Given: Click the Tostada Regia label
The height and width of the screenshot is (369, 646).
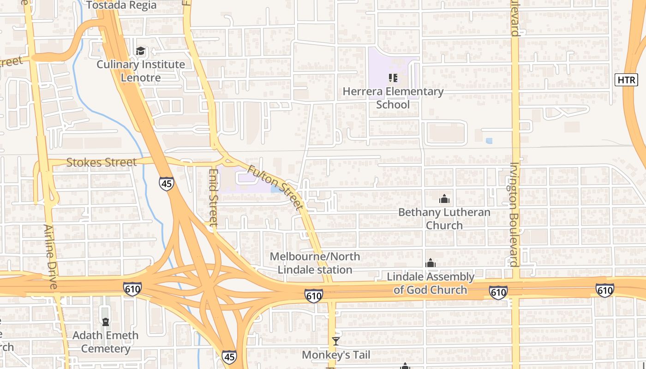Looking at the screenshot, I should (122, 5).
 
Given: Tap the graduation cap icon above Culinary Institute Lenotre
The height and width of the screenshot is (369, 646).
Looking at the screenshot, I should (140, 51).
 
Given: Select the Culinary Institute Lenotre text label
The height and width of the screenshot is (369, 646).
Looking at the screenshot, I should (141, 71).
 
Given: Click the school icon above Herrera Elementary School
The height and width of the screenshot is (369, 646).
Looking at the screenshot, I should (393, 78).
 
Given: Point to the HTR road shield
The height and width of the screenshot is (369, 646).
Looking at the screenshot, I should (626, 80).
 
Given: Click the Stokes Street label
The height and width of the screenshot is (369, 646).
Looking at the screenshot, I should (102, 162).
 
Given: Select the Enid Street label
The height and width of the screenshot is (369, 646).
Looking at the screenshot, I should (213, 197).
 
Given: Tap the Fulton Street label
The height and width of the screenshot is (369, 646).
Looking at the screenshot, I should (275, 188).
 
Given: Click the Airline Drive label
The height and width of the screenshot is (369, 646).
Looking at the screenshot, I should (50, 256).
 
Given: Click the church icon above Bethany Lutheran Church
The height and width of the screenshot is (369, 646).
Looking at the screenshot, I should (444, 199).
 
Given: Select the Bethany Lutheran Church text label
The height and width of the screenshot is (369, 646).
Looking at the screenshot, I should (444, 219).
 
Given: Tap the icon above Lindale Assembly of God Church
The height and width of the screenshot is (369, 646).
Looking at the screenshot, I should (431, 263).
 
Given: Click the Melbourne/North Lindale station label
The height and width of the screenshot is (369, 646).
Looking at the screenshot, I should (315, 263).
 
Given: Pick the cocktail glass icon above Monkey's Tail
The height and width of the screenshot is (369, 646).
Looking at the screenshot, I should (336, 341).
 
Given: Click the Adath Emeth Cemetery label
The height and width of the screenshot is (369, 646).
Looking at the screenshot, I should (105, 342).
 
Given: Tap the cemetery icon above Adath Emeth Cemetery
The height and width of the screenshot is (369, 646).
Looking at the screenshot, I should (106, 321).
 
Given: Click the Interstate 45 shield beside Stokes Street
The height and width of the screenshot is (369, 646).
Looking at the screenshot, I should (167, 183).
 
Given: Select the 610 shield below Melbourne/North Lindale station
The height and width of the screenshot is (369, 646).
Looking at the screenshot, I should (313, 296).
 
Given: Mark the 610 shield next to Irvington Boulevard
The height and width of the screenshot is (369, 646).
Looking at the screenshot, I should (498, 292).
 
